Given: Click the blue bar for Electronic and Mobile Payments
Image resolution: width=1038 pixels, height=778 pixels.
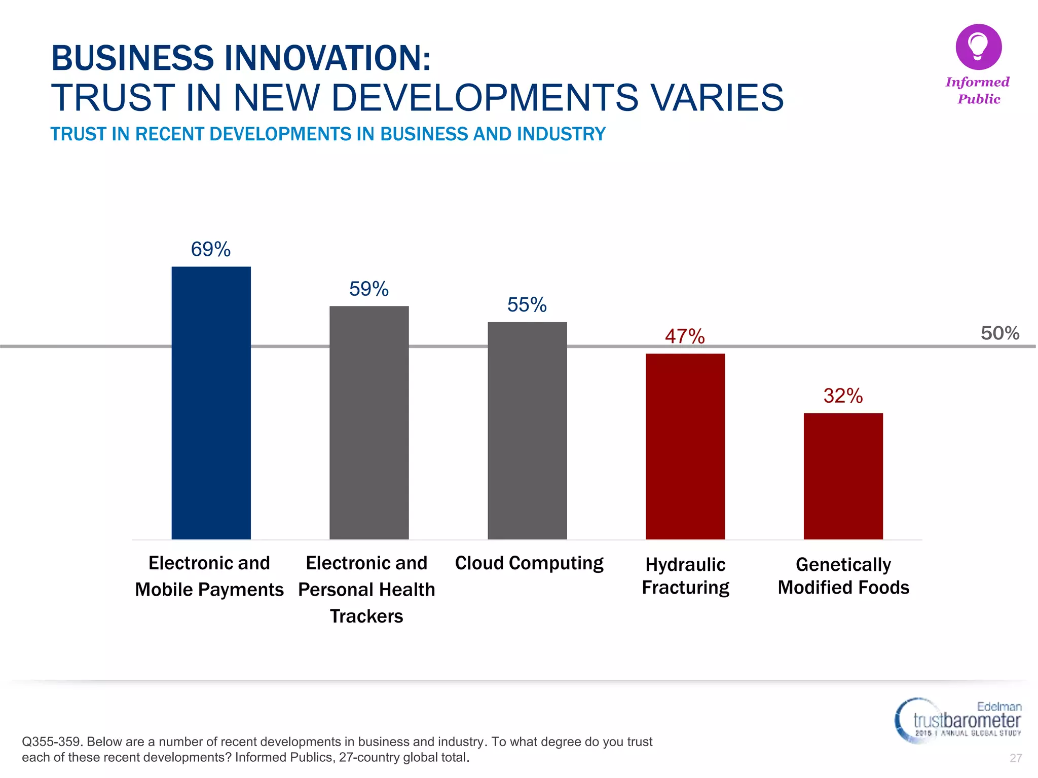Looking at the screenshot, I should coord(211,403).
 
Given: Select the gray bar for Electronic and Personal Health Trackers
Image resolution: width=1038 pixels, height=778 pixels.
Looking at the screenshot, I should coord(369,423).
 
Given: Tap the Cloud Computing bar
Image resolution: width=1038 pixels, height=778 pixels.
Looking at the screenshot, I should coord(527,431).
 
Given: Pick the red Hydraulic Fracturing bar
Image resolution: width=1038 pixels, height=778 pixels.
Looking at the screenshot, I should coord(685,446).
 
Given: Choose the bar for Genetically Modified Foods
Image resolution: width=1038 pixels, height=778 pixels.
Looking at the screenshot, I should coord(843,476).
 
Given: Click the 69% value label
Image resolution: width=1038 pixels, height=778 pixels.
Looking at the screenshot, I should coord(211,249).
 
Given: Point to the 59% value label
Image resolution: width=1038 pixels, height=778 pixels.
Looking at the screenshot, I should coord(369,289).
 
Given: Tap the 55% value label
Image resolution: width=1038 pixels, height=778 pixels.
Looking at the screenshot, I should coord(527,305).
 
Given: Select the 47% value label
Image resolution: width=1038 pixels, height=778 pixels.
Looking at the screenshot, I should coord(685,336).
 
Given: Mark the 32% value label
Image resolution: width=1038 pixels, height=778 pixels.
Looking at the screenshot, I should coord(843,396).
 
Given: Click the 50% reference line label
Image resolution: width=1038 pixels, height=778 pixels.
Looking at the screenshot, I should coord(999,333).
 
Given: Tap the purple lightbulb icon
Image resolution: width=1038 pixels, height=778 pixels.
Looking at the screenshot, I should coord(978,47).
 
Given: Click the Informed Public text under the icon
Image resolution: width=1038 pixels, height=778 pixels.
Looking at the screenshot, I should coord(978,90).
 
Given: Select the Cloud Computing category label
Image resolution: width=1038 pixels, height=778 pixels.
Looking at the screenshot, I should coord(529,563).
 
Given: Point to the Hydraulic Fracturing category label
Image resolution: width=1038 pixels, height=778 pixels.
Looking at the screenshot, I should coord(685,576).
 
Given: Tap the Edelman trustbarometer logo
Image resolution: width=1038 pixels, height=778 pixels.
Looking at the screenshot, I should coord(958,720).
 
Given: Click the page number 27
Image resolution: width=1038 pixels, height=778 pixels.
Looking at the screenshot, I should coord(1015,758).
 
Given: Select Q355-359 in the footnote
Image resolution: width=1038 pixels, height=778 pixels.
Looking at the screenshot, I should coord(51,742).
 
